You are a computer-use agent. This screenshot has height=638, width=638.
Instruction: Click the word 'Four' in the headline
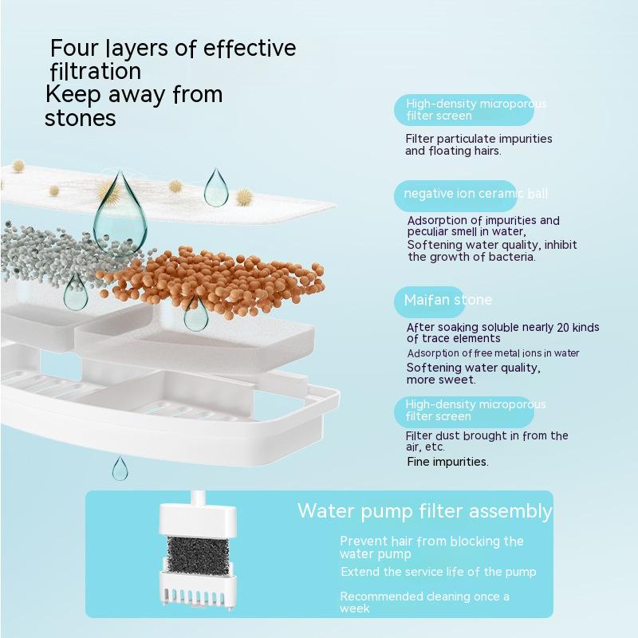point(74,48)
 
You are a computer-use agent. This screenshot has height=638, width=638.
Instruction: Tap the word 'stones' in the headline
point(81,118)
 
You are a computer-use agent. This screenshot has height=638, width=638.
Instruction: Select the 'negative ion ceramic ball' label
point(475,193)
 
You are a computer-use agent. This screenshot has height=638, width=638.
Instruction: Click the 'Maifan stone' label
point(447,300)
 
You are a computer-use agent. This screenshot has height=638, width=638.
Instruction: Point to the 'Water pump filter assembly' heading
point(425,511)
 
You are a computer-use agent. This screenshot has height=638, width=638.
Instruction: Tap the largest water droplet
point(120,215)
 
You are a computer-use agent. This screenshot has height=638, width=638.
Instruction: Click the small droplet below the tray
point(120,468)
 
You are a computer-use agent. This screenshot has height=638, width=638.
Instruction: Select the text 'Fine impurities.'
point(447,462)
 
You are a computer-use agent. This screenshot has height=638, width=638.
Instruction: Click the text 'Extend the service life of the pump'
point(438,572)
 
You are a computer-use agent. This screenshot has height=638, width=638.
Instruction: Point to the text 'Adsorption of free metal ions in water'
point(493,352)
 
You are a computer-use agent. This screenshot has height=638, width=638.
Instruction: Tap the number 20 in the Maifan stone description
point(563,327)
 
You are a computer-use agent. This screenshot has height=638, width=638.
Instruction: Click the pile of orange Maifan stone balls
point(214,280)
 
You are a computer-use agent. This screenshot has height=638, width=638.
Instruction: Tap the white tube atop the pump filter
point(198,497)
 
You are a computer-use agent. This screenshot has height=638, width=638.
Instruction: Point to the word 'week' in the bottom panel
point(354,608)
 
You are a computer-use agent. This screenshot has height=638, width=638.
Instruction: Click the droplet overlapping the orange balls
point(196,313)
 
